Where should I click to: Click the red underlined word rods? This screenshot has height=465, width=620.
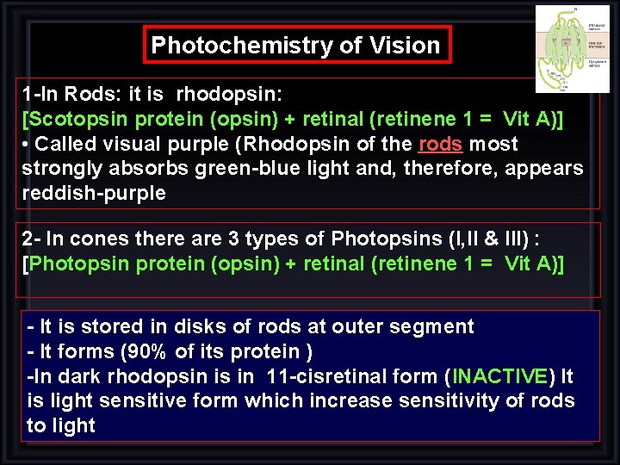[x=440, y=144]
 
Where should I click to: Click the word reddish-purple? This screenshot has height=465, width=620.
[x=94, y=192]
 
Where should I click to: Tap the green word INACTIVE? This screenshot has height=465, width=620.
[x=499, y=376]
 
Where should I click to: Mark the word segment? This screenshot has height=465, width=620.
[x=433, y=326]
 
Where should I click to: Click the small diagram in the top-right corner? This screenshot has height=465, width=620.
[x=566, y=48]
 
